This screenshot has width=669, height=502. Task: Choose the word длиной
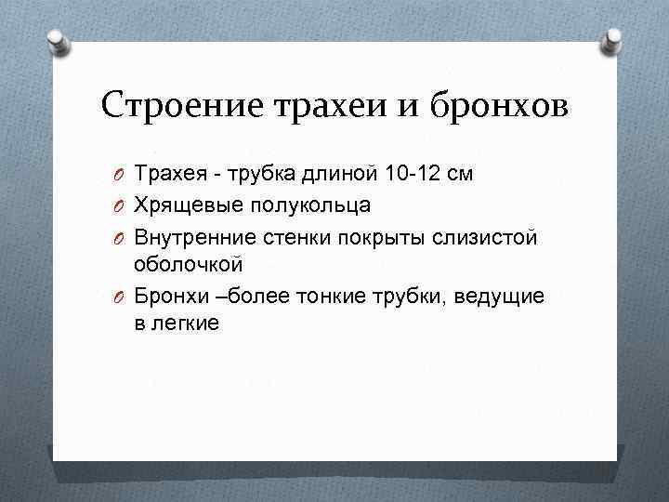coord(338,173)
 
